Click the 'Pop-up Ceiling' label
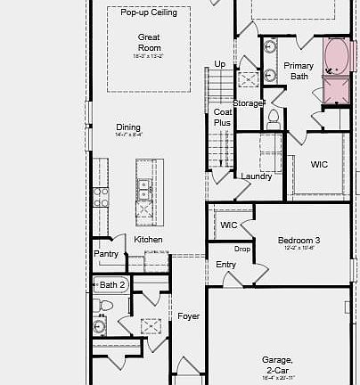(x=149, y=13)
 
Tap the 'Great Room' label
(x=149, y=42)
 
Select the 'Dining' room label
(x=128, y=127)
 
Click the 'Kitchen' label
(x=148, y=240)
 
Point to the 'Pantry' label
(x=106, y=254)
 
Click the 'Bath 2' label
(x=113, y=284)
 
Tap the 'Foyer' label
(x=188, y=316)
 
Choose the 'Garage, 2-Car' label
(x=277, y=365)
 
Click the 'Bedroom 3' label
(x=299, y=241)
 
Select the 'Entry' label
(x=226, y=265)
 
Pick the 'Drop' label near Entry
(x=241, y=249)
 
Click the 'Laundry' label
(x=257, y=176)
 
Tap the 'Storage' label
(x=248, y=103)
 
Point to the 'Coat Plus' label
(x=222, y=118)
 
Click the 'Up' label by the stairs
(x=220, y=64)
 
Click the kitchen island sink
(x=143, y=188)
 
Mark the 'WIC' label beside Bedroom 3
(x=229, y=225)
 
